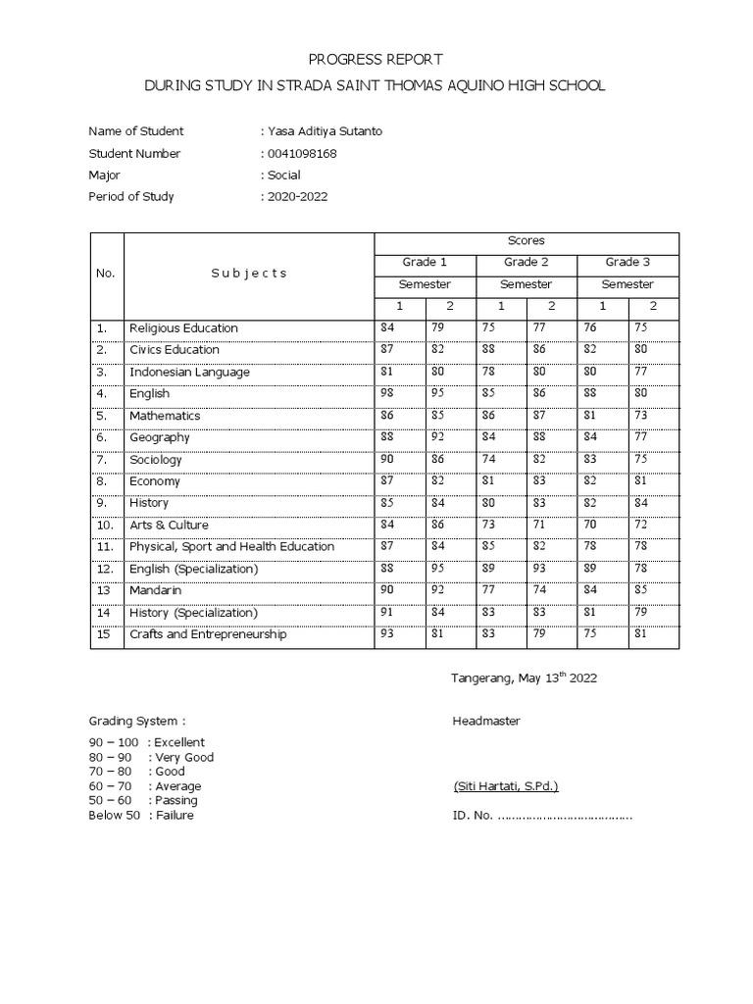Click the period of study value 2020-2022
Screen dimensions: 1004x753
point(298,196)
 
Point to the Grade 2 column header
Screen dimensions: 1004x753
point(527,262)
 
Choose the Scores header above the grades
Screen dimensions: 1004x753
point(527,240)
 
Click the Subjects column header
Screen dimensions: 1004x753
point(249,273)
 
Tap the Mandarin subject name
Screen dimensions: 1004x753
point(155,590)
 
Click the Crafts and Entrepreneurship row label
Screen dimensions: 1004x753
point(208,634)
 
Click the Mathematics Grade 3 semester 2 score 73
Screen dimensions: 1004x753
point(639,416)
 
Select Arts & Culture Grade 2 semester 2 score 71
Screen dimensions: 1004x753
point(538,525)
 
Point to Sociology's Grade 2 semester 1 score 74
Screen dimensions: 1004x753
point(489,459)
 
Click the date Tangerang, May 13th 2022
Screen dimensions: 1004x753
point(524,678)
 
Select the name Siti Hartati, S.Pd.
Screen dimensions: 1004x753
point(506,786)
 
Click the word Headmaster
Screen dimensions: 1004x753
point(486,722)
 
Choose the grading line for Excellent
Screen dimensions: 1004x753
point(147,742)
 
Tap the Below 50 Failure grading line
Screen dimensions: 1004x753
point(141,815)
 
